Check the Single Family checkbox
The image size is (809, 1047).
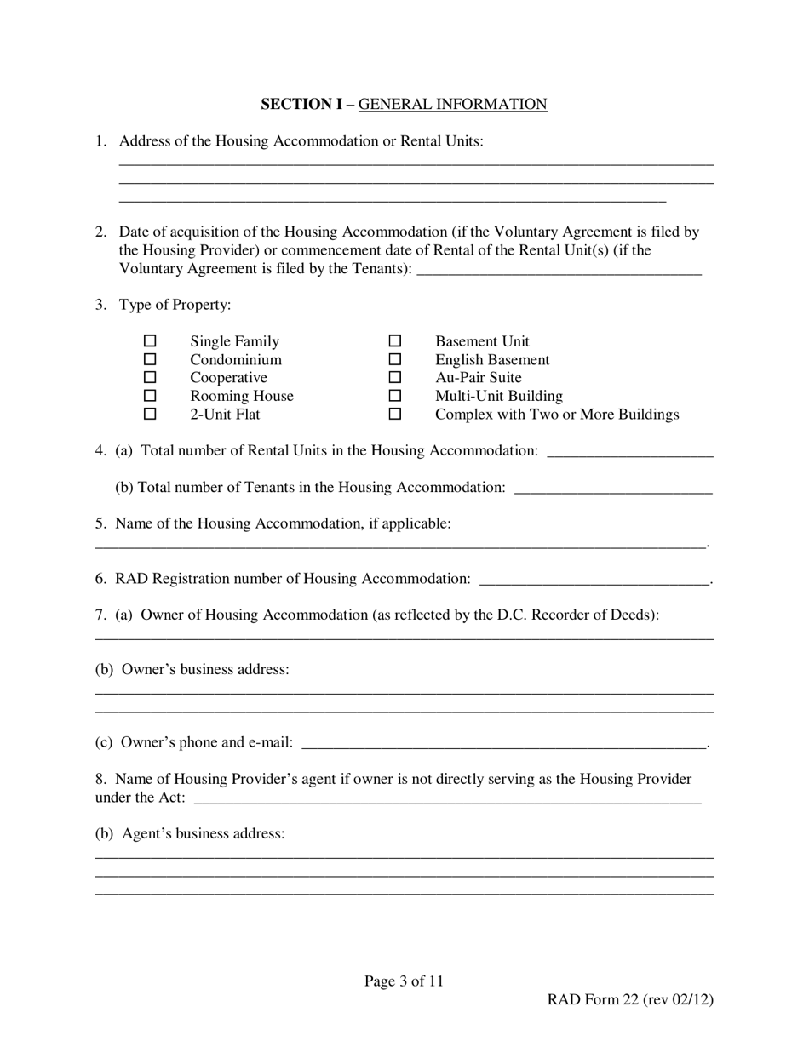[150, 340]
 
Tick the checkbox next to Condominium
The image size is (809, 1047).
[150, 359]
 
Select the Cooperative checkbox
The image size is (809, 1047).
[150, 377]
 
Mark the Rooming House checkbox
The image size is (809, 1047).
[150, 396]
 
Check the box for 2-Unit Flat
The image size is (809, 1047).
[150, 414]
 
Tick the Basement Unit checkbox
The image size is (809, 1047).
[395, 340]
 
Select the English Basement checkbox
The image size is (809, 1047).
[395, 359]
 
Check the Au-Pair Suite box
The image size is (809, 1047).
[395, 377]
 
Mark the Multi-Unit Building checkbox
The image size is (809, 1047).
[395, 396]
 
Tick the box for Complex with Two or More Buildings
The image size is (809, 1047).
[395, 414]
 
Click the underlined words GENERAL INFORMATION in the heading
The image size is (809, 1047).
[452, 104]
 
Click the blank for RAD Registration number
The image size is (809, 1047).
[594, 579]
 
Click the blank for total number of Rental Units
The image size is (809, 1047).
[629, 450]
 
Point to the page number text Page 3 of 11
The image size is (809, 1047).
[404, 981]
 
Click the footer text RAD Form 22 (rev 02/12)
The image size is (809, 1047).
[629, 999]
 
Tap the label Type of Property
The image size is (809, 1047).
[175, 305]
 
